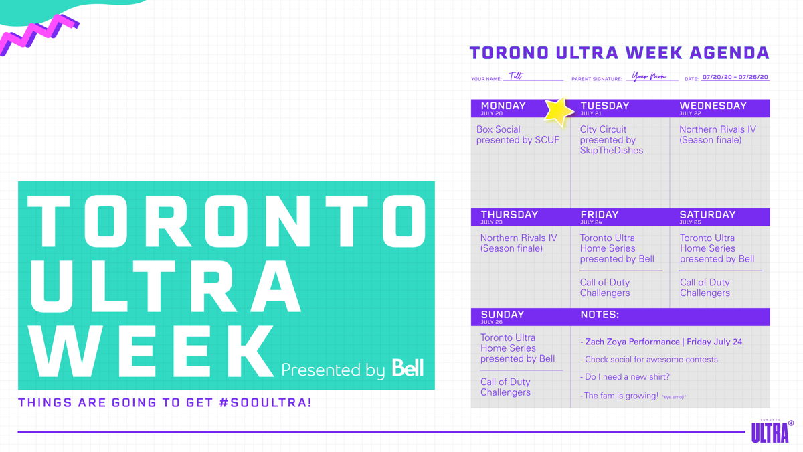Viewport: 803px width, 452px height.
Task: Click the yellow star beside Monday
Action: [x=559, y=112]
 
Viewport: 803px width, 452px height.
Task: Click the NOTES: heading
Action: [x=600, y=315]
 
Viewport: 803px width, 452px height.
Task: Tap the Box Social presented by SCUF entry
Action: [x=518, y=135]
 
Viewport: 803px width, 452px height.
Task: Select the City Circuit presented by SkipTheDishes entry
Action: [x=611, y=139]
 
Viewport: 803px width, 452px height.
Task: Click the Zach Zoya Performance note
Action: [x=660, y=342]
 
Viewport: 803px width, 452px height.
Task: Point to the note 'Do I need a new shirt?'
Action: [x=625, y=376]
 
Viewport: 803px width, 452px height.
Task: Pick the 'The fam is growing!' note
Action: [x=633, y=396]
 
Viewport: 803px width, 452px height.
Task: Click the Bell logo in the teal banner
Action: [x=408, y=368]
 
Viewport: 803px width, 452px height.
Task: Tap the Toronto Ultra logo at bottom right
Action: [x=772, y=431]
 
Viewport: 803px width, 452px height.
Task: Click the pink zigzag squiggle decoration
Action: [x=39, y=35]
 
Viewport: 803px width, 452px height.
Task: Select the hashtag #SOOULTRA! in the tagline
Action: [x=265, y=402]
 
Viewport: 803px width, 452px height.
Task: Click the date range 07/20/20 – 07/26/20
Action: [x=735, y=77]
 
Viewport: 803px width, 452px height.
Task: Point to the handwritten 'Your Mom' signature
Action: [x=649, y=76]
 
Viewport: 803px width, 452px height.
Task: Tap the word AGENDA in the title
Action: [x=729, y=53]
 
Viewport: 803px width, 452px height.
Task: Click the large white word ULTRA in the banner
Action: [x=166, y=287]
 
